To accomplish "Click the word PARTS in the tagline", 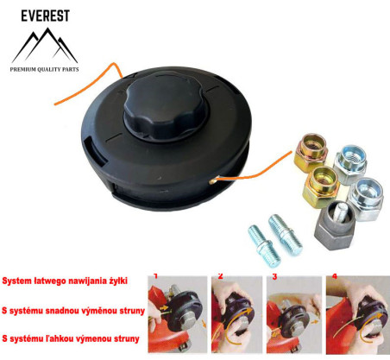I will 83,67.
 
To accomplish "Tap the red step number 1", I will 156,277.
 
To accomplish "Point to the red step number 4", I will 332,277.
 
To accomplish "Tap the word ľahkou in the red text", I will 63,338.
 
